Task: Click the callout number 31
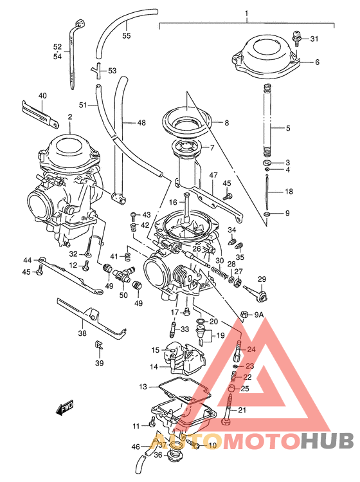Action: click(x=314, y=39)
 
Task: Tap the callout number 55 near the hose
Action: click(x=126, y=35)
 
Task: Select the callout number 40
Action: click(x=42, y=96)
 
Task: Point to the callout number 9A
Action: click(x=258, y=315)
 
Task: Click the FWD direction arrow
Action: click(x=65, y=408)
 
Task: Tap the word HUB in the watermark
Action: click(x=327, y=441)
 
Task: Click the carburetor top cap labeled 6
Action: click(x=265, y=55)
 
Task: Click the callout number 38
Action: click(x=82, y=333)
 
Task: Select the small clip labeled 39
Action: click(x=100, y=347)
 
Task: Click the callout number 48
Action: click(x=141, y=121)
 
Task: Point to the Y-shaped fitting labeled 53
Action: click(x=97, y=70)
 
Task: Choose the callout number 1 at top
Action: click(x=246, y=13)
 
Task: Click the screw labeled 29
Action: click(x=256, y=292)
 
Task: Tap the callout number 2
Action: click(x=69, y=117)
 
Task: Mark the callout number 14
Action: click(x=154, y=366)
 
